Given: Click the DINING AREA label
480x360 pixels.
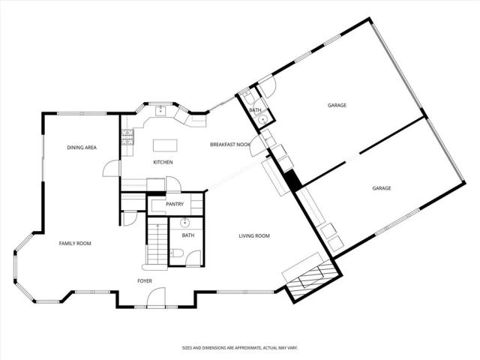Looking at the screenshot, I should click(82, 148).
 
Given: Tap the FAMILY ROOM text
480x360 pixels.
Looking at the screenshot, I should click(75, 243).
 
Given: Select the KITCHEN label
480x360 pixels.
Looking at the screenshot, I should click(163, 162).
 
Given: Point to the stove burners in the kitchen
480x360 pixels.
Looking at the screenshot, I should click(127, 136).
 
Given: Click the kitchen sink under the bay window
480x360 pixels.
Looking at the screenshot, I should click(160, 112).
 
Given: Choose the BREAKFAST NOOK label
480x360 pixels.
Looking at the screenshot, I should click(229, 144).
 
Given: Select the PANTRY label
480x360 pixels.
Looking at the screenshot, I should click(174, 203).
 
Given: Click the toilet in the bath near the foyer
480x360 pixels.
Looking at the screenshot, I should click(193, 256).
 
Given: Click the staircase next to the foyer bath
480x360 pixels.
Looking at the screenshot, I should click(156, 244).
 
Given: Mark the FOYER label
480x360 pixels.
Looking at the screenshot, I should click(145, 280).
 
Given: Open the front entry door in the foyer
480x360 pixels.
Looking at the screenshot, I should click(156, 299).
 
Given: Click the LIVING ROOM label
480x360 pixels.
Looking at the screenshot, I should click(254, 236).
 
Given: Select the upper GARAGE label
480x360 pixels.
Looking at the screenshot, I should click(337, 105).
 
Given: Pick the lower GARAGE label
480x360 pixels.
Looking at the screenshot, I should click(382, 188).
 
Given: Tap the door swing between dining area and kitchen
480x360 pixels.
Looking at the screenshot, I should click(109, 169).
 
